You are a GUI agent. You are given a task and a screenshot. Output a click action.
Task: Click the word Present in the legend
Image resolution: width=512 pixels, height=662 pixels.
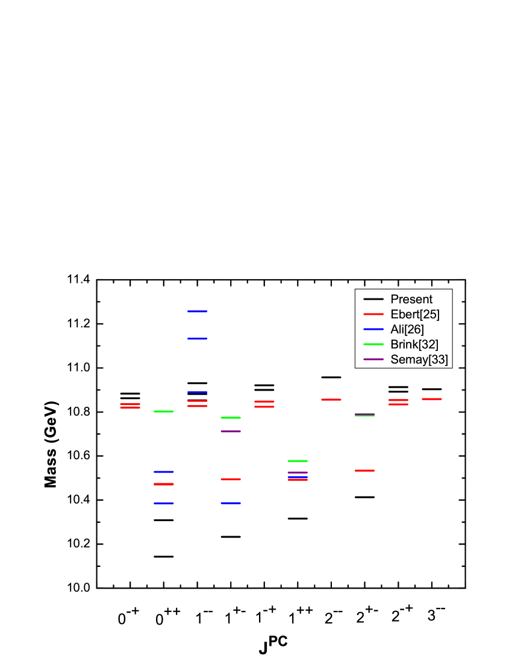[411, 299]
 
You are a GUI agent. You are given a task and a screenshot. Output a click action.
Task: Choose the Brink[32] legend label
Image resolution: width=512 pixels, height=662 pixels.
[414, 344]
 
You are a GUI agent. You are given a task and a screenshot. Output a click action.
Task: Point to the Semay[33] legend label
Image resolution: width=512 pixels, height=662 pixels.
[419, 359]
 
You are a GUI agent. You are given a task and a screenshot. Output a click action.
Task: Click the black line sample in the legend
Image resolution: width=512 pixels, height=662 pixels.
[373, 299]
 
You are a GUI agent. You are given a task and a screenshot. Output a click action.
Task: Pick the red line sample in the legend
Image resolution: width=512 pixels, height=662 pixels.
[373, 314]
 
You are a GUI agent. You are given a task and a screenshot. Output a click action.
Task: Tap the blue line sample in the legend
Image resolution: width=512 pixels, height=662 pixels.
[373, 329]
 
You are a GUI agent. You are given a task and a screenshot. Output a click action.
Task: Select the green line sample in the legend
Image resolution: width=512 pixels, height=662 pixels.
[373, 344]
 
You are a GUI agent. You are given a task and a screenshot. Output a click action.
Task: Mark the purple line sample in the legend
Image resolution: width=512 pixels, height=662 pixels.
[373, 359]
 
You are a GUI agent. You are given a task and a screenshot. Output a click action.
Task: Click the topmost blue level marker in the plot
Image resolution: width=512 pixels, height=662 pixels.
[198, 311]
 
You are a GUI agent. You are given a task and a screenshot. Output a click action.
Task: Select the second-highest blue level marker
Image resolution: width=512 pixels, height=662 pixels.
[198, 339]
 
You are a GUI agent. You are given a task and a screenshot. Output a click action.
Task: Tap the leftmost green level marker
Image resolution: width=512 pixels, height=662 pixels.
[164, 412]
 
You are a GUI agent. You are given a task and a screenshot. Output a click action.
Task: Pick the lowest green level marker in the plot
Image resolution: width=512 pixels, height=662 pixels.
[298, 461]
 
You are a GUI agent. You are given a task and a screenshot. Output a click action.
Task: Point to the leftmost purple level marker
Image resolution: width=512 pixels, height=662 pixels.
[231, 432]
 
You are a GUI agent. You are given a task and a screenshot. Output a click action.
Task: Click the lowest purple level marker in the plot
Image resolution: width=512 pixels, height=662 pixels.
[298, 472]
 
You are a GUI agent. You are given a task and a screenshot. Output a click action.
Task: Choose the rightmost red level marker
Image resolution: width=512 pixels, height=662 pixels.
[431, 399]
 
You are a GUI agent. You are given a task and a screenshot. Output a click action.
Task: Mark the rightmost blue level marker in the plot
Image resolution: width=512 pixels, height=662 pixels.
[298, 477]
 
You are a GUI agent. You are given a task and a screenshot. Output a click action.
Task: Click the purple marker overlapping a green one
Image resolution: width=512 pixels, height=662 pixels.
[364, 414]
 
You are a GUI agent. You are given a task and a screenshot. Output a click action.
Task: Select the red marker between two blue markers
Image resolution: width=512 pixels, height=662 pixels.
[164, 484]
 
